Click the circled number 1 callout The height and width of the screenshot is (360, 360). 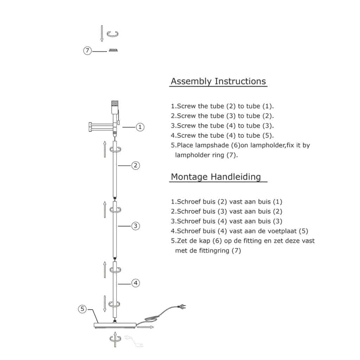(x=140, y=127)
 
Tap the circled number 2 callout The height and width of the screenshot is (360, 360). (x=135, y=165)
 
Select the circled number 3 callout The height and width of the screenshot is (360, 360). (x=135, y=226)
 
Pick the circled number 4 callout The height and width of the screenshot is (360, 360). (x=135, y=283)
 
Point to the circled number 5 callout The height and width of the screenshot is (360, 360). (x=82, y=309)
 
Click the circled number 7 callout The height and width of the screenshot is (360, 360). (x=88, y=51)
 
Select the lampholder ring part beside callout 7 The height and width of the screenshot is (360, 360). (x=113, y=50)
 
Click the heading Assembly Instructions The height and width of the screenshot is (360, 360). (x=218, y=82)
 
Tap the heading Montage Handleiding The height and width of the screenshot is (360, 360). (x=216, y=177)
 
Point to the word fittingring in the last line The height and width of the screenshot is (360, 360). (x=214, y=250)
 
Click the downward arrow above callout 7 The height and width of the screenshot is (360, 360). (x=102, y=33)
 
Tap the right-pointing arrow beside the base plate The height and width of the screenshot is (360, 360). (x=146, y=327)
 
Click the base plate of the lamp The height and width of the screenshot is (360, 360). (x=115, y=325)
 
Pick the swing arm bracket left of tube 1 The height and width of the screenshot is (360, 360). (x=101, y=127)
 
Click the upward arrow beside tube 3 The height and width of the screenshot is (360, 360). (x=105, y=210)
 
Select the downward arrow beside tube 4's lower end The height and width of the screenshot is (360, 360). (x=105, y=304)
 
